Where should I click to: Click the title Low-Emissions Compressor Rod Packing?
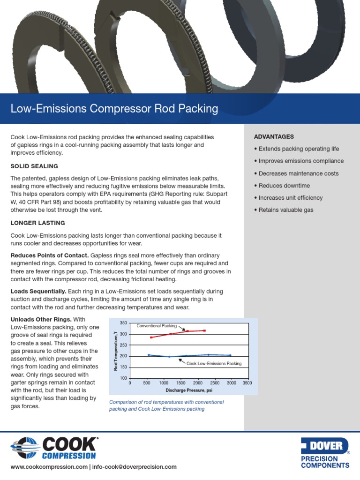pos(114,109)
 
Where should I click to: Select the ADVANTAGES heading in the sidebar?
pos(274,136)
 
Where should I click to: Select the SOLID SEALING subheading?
pos(34,166)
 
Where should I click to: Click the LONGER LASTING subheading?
pos(37,223)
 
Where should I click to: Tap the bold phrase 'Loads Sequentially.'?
pos(38,292)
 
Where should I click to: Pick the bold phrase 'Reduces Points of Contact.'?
pos(49,255)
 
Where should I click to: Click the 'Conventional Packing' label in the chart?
pos(156,325)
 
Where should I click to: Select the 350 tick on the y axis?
pos(123,323)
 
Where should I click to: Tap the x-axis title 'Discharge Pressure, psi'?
pos(189,390)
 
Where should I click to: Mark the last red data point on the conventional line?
pos(204,330)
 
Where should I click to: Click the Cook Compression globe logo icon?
pos(25,448)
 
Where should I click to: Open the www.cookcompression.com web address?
pos(49,467)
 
